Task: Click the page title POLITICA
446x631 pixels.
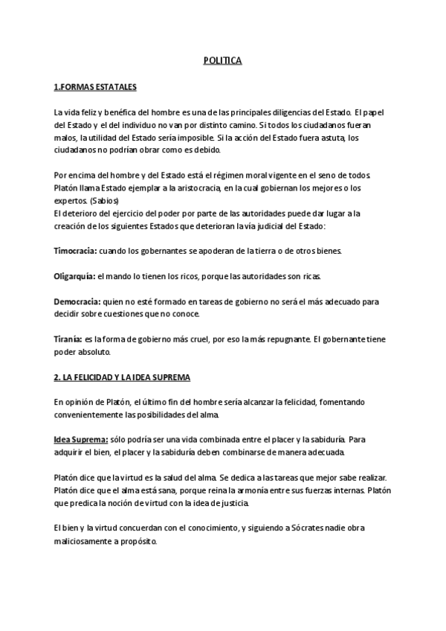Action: [x=222, y=61]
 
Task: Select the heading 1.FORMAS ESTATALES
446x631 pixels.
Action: [x=94, y=87]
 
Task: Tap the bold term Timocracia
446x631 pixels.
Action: [x=77, y=251]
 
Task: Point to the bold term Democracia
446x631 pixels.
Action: [x=77, y=302]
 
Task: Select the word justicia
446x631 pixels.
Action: [x=230, y=503]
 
